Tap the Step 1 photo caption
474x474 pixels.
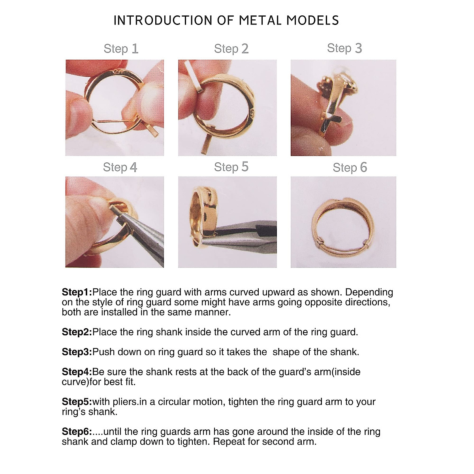(x=121, y=49)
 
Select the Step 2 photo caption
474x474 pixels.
(x=231, y=49)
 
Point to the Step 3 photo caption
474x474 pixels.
(x=344, y=48)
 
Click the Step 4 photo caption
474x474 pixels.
(x=120, y=167)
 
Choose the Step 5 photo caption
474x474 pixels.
(x=231, y=167)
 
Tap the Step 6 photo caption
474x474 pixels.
(x=350, y=167)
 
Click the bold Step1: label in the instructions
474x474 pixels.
(x=77, y=292)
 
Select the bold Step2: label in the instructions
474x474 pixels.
(x=77, y=332)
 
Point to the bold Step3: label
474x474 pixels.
(x=77, y=352)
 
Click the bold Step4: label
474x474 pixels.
(x=77, y=372)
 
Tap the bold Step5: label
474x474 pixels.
(x=77, y=402)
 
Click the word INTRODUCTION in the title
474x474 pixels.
(x=163, y=21)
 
